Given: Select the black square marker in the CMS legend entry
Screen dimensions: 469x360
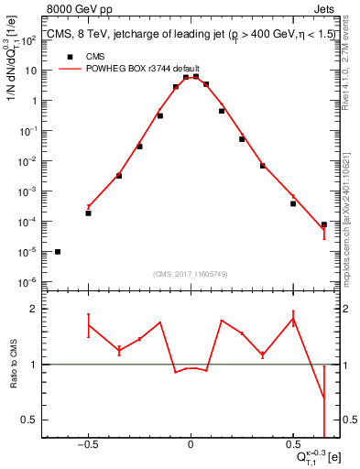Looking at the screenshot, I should pos(67,56).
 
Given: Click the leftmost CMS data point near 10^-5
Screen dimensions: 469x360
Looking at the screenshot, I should pos(58,251).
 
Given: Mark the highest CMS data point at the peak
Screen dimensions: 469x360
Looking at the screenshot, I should pos(196,77).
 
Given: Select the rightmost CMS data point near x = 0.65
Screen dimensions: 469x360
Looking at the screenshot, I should pos(324,224).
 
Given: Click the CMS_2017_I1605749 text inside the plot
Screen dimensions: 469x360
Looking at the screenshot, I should pos(190,274).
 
